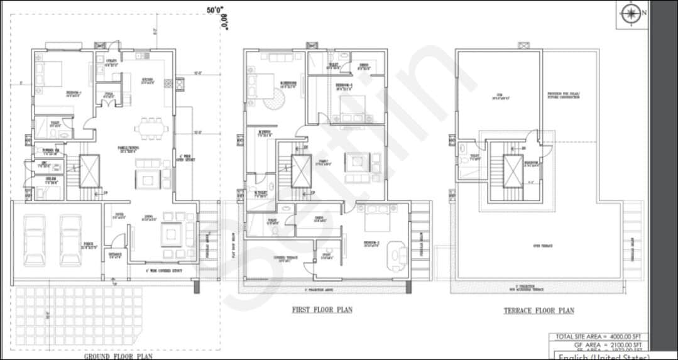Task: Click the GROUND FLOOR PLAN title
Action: (118, 356)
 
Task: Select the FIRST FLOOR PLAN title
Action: (322, 309)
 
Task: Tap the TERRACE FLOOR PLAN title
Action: (539, 310)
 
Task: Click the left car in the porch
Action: (35, 240)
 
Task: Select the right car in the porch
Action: (70, 240)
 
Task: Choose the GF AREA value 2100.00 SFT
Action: (624, 346)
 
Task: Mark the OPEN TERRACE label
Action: (543, 246)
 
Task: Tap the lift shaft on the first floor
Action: (301, 170)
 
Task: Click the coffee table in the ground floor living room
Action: (171, 236)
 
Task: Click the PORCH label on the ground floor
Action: (89, 246)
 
